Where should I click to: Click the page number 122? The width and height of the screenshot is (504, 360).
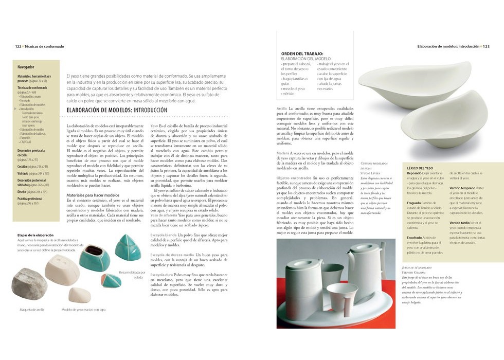point(18,46)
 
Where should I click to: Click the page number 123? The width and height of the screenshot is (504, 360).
point(485,46)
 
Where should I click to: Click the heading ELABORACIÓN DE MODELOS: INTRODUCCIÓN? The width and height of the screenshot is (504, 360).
point(117,111)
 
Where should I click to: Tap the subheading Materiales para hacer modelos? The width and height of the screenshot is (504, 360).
point(93,195)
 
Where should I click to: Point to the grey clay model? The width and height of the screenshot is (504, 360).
point(29,283)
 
